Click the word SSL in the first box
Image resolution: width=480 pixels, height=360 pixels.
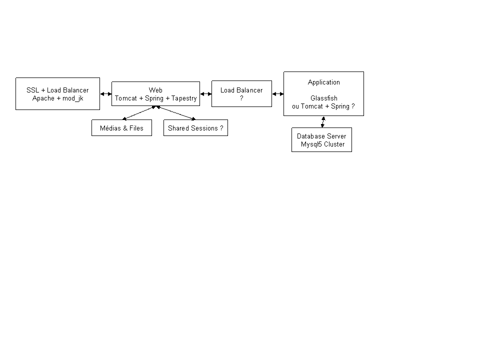(x=33, y=90)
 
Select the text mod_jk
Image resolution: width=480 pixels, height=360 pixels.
(x=73, y=98)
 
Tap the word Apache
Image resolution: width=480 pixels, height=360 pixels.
(x=43, y=98)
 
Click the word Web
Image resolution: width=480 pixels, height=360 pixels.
(x=155, y=90)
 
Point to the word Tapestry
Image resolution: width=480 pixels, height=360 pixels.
(x=184, y=98)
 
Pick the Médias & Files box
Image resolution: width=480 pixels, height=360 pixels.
(x=122, y=127)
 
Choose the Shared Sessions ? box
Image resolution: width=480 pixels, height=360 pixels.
(x=195, y=127)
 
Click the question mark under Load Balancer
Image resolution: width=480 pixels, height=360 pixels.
(x=241, y=98)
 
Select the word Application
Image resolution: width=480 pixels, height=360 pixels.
(x=324, y=82)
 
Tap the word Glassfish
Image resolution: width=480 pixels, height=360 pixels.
(x=324, y=98)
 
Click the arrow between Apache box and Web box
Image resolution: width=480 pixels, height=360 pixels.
(x=106, y=94)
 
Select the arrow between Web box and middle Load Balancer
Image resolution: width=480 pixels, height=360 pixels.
(x=205, y=94)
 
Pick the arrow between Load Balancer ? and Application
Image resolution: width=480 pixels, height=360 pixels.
(x=278, y=94)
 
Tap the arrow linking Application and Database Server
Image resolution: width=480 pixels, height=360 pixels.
(x=323, y=122)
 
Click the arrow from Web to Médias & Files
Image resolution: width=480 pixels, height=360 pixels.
(x=139, y=113)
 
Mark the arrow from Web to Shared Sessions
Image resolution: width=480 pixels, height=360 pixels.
(x=175, y=113)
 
